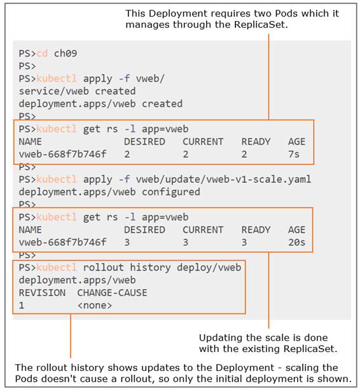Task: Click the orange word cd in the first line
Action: [x=42, y=53]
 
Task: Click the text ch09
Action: [x=66, y=53]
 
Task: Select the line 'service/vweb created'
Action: [x=77, y=91]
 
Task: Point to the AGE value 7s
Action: [x=294, y=154]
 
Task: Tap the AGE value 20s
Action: [x=296, y=242]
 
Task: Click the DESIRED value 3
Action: [x=127, y=242]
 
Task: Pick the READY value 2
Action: [x=244, y=154]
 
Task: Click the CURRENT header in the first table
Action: [x=203, y=142]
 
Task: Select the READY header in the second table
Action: [x=256, y=230]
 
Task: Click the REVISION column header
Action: [x=42, y=293]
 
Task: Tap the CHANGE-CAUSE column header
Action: [x=112, y=293]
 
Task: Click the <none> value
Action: [x=95, y=305]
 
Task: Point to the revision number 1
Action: [x=22, y=305]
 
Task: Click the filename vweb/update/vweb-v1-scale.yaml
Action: [x=223, y=180]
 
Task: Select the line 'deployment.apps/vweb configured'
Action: [x=109, y=192]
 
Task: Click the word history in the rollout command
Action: [x=151, y=267]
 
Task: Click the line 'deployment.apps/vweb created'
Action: [x=100, y=104]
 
